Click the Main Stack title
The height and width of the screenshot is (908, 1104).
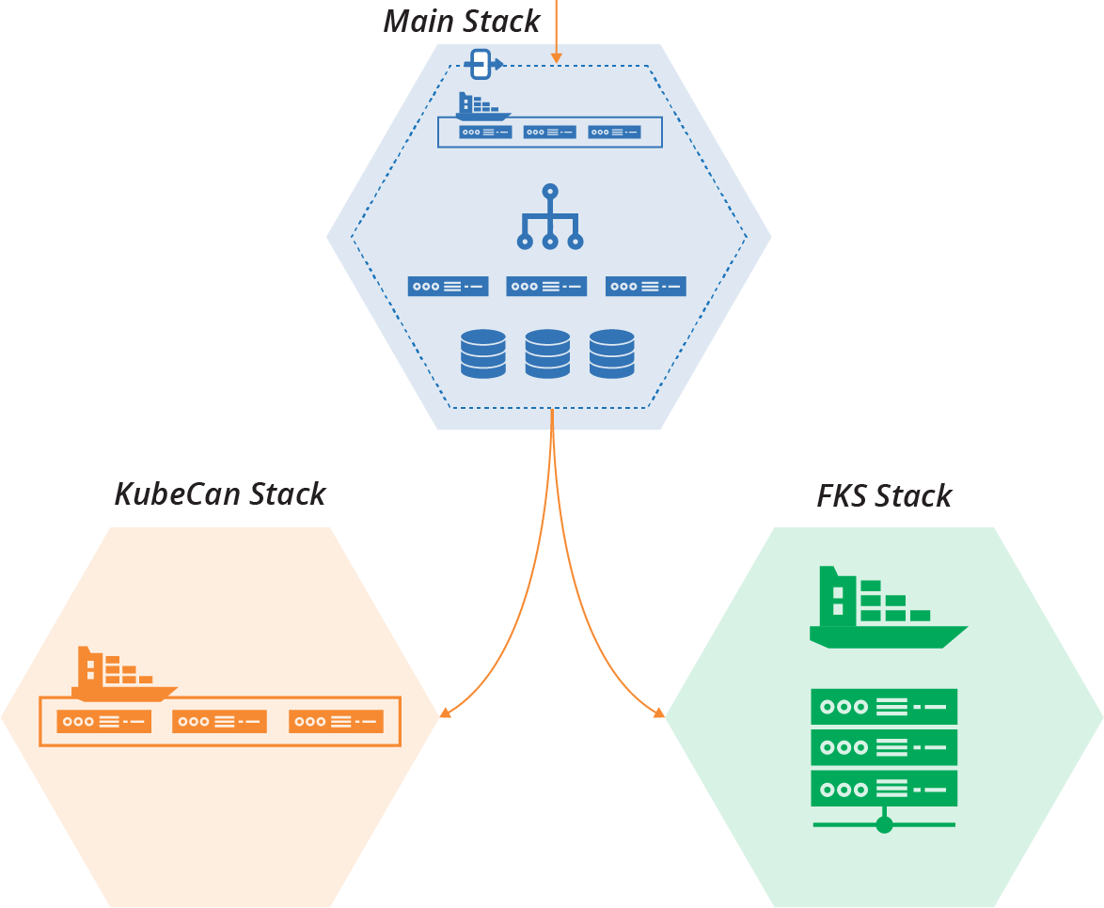pyautogui.click(x=462, y=21)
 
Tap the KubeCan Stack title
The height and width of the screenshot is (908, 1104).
pyautogui.click(x=220, y=493)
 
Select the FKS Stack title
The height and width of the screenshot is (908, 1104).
pyautogui.click(x=884, y=495)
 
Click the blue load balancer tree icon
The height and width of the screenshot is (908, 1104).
pyautogui.click(x=550, y=218)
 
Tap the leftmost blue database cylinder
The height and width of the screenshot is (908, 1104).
pyautogui.click(x=483, y=353)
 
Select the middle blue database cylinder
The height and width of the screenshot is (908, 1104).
pyautogui.click(x=547, y=353)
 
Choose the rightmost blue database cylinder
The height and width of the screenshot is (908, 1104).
pyautogui.click(x=611, y=353)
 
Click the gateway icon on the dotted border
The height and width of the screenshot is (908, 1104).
pyautogui.click(x=482, y=65)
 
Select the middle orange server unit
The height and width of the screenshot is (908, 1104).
pyautogui.click(x=220, y=722)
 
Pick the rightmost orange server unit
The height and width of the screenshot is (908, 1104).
pyautogui.click(x=336, y=722)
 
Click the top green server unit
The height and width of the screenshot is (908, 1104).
pyautogui.click(x=884, y=706)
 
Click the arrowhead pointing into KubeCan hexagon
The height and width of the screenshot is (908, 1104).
pyautogui.click(x=445, y=712)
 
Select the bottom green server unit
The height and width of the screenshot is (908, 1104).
pyautogui.click(x=884, y=788)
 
